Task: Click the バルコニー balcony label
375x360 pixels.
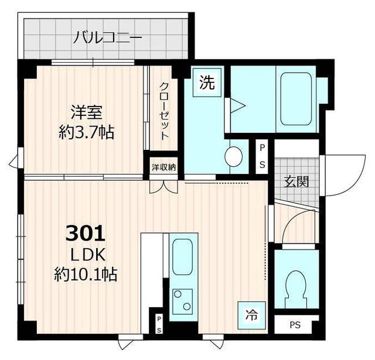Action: tap(108, 39)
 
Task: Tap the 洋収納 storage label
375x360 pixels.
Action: tap(163, 167)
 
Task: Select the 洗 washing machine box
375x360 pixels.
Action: tap(206, 83)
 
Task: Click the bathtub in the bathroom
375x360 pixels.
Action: tap(295, 98)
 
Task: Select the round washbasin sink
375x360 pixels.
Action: tap(234, 155)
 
